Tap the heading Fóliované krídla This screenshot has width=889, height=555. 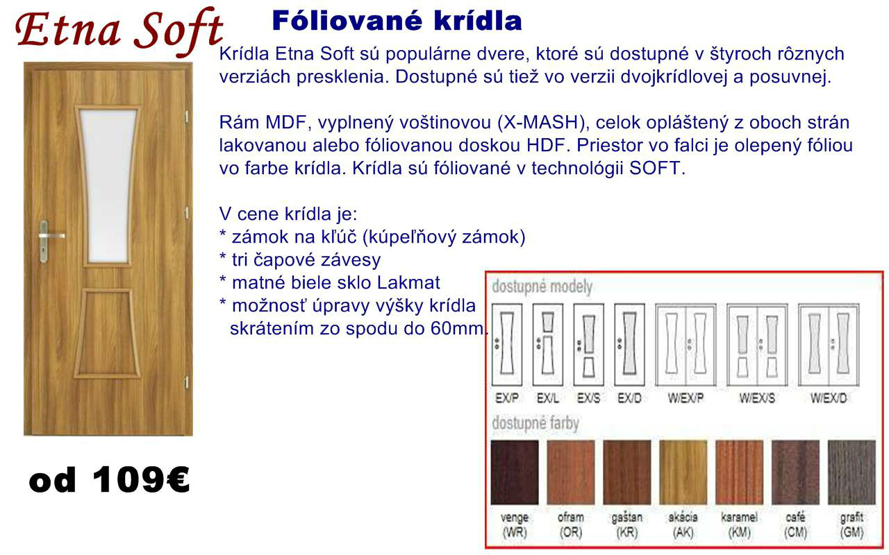click(397, 21)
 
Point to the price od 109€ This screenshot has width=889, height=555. click(109, 479)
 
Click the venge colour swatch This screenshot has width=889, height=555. click(515, 472)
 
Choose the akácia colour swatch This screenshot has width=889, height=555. click(683, 472)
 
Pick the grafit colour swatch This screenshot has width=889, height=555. click(851, 472)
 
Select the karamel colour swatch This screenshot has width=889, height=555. click(740, 472)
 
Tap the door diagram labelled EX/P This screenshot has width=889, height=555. click(507, 345)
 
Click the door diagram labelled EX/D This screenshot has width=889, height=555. click(629, 345)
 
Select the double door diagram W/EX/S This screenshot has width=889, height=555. click(757, 345)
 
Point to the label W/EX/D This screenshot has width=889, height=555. click(829, 398)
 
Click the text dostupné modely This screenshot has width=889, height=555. click(542, 287)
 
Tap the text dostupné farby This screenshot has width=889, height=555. click(535, 423)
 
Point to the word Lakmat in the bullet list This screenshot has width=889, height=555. click(408, 282)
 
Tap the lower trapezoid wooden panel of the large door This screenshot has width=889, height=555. click(107, 333)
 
